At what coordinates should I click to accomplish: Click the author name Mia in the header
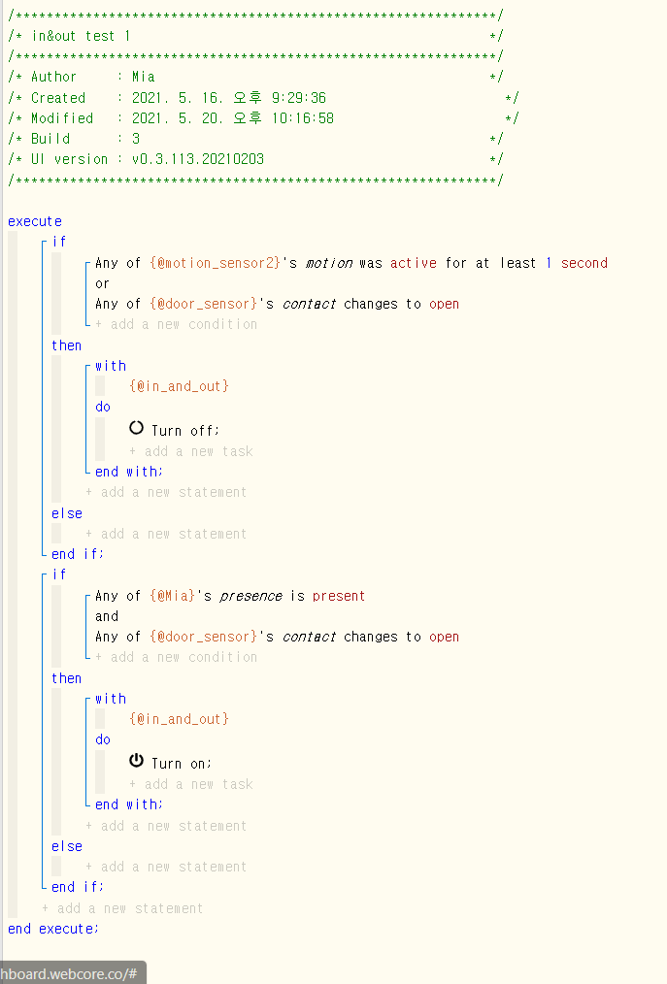click(x=143, y=77)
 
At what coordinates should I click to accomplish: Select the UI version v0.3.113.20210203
click(x=198, y=159)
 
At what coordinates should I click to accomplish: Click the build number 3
click(x=136, y=139)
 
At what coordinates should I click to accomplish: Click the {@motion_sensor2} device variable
click(x=215, y=263)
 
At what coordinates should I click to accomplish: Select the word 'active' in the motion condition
click(x=414, y=263)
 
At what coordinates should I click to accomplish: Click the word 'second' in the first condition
click(x=584, y=263)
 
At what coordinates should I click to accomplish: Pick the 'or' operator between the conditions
click(x=102, y=283)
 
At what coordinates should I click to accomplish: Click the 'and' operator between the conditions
click(x=107, y=616)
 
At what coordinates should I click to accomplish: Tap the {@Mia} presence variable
click(x=172, y=596)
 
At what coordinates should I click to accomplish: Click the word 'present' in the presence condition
click(x=339, y=596)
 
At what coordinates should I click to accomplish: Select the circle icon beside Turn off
click(x=136, y=428)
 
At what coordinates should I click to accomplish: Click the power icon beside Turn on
click(x=136, y=761)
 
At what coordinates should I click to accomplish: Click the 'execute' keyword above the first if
click(x=35, y=221)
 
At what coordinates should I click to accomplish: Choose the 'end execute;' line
click(x=53, y=929)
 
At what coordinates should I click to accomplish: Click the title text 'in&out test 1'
click(x=81, y=36)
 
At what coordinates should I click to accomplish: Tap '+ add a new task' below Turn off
click(x=191, y=451)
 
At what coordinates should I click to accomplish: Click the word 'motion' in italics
click(x=329, y=263)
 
